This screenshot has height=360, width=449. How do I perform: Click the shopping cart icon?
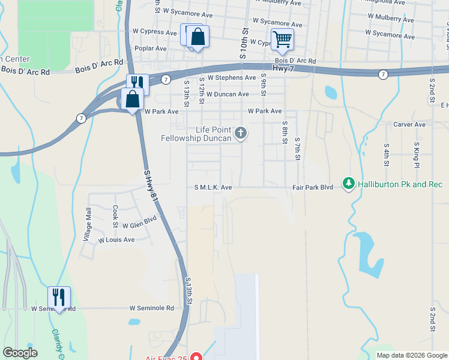pyautogui.click(x=282, y=40)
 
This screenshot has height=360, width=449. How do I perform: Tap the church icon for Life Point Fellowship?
pyautogui.click(x=240, y=133)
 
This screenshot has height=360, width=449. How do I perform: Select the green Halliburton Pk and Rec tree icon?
pyautogui.click(x=348, y=183)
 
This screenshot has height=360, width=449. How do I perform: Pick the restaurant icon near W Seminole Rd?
pyautogui.click(x=59, y=297)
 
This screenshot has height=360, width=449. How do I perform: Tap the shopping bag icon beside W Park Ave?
pyautogui.click(x=132, y=99)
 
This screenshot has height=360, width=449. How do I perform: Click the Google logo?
pyautogui.click(x=20, y=353)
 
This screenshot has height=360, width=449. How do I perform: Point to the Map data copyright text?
pyautogui.click(x=411, y=355)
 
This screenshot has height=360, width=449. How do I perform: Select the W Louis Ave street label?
pyautogui.click(x=116, y=239)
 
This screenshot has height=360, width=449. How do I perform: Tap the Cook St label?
pyautogui.click(x=115, y=216)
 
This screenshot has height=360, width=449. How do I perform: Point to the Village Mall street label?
pyautogui.click(x=87, y=224)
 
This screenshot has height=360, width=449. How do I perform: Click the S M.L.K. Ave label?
pyautogui.click(x=212, y=187)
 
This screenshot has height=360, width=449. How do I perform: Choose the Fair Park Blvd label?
pyautogui.click(x=312, y=187)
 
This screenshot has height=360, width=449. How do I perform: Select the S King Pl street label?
pyautogui.click(x=415, y=155)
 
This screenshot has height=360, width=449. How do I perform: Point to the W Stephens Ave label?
pyautogui.click(x=232, y=78)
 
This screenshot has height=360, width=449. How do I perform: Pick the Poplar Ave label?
pyautogui.click(x=151, y=49)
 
